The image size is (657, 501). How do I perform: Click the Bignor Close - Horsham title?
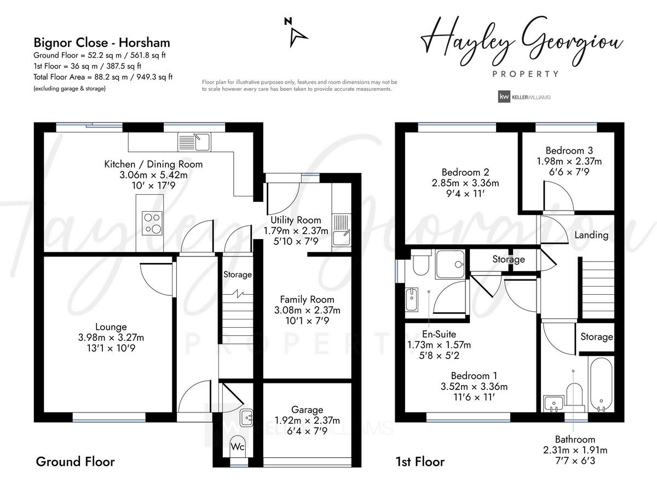point(102,43)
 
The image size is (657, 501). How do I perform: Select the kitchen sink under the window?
point(194,142)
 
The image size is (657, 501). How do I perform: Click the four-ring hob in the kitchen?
point(152,223)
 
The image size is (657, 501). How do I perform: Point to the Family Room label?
point(307,299)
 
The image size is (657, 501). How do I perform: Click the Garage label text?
point(307,410)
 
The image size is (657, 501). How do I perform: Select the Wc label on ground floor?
point(237,447)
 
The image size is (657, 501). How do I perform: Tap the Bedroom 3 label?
point(569,150)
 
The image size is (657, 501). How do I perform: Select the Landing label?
point(591,235)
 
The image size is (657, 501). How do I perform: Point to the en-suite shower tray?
point(451,265)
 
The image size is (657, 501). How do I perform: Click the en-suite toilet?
point(420,265)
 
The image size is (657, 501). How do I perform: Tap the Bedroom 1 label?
point(474,376)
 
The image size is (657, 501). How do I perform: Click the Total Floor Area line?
point(103,77)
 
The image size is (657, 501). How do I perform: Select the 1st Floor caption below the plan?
point(420,462)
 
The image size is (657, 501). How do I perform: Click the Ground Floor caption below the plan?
point(75,462)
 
